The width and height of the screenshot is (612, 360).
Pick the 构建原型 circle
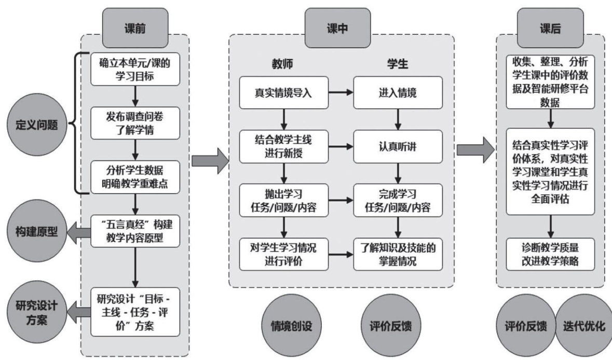pos(33,232)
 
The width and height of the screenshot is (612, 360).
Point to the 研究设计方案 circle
pos(32,312)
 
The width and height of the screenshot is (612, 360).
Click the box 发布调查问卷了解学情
pos(134,122)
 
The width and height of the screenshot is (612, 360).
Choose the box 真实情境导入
pos(283,94)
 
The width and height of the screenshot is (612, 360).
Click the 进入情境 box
pos(398,94)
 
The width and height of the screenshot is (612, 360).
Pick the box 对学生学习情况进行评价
pos(283,254)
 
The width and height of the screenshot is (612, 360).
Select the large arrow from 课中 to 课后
pos(474,150)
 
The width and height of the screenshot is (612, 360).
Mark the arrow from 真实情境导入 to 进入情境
pos(340,94)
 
